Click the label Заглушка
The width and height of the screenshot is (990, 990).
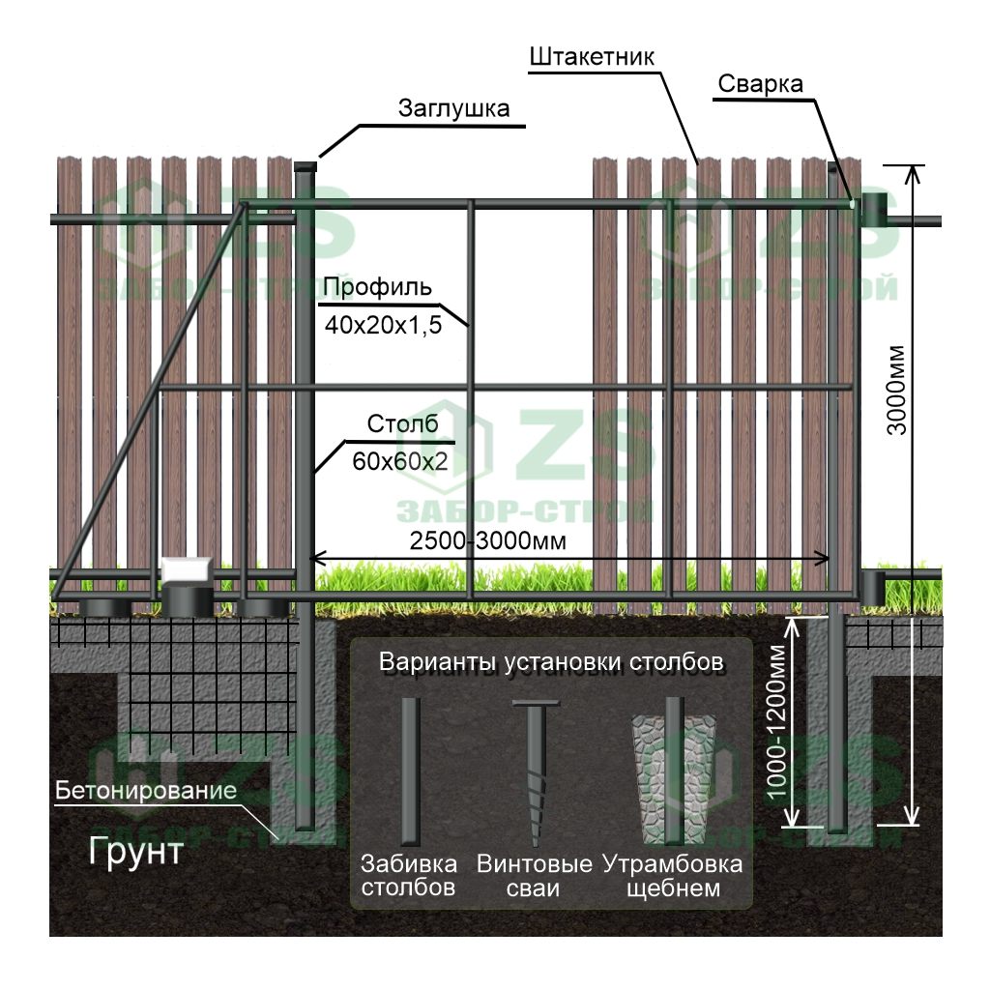coord(453,108)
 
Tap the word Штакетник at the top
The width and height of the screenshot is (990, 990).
coord(592,57)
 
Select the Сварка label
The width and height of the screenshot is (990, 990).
coord(760,84)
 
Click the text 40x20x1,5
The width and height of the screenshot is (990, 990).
coord(384,326)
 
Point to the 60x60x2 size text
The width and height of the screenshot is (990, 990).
coord(399,462)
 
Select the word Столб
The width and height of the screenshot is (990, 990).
coord(403,424)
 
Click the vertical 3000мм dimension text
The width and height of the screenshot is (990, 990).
coord(897,390)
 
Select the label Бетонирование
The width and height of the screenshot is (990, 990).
coord(146,791)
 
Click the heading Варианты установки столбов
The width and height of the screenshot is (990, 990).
coord(551,664)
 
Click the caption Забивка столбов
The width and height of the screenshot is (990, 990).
coord(407,875)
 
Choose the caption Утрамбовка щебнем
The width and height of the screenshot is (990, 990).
coord(673,875)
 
